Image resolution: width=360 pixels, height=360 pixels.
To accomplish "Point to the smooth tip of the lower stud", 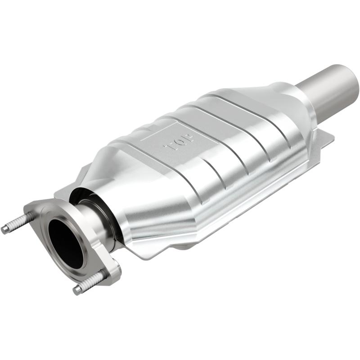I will tap(77, 290).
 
